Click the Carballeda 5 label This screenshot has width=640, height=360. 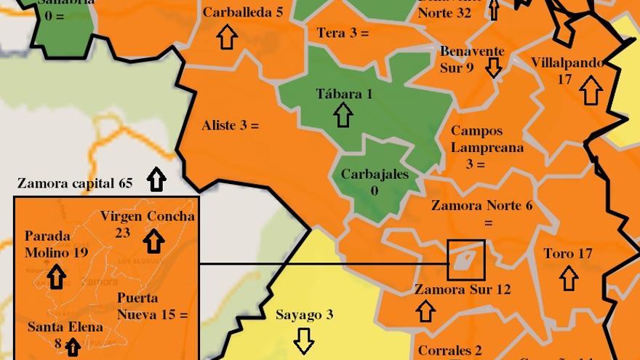pyautogui.click(x=243, y=12)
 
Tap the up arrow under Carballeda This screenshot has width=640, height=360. pyautogui.click(x=228, y=37)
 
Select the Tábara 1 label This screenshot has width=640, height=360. pyautogui.click(x=345, y=94)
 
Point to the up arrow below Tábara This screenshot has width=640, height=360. pyautogui.click(x=343, y=115)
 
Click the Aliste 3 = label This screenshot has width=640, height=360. pyautogui.click(x=230, y=126)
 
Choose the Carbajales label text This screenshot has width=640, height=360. pyautogui.click(x=375, y=175)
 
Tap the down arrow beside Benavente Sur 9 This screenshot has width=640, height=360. pyautogui.click(x=494, y=68)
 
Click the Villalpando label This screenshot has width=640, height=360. pyautogui.click(x=567, y=63)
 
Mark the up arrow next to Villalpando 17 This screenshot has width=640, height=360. pyautogui.click(x=591, y=92)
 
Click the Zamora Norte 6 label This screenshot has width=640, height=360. pyautogui.click(x=481, y=206)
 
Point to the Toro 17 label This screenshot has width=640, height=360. pyautogui.click(x=568, y=254)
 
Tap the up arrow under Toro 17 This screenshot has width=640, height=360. pyautogui.click(x=569, y=278)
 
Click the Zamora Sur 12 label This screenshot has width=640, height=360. pyautogui.click(x=463, y=289)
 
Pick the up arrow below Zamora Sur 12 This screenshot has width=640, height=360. pyautogui.click(x=425, y=311)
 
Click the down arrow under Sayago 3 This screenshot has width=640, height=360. pyautogui.click(x=304, y=340)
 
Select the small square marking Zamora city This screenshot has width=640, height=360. pyautogui.click(x=465, y=260)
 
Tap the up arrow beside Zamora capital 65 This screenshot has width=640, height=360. pyautogui.click(x=156, y=179)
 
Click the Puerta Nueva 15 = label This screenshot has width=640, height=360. pyautogui.click(x=152, y=306)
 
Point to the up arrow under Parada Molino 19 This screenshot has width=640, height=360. pyautogui.click(x=57, y=277)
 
